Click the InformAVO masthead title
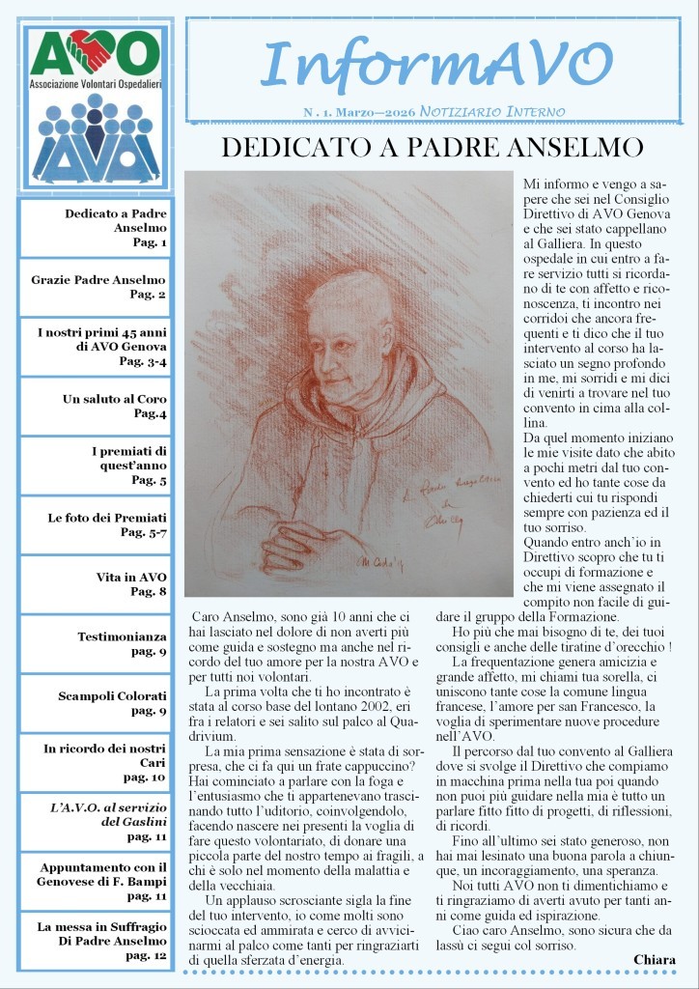click(436, 66)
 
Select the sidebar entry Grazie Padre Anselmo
click(98, 287)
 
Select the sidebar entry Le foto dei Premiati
click(107, 524)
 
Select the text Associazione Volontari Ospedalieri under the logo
click(94, 83)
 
